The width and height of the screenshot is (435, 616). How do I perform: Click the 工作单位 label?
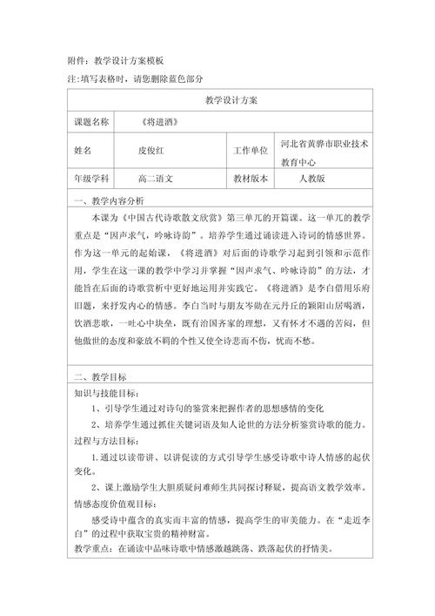tap(251, 151)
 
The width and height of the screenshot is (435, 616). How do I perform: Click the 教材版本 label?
tap(251, 179)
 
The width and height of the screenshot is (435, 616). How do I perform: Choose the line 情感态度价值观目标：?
tap(113, 503)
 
